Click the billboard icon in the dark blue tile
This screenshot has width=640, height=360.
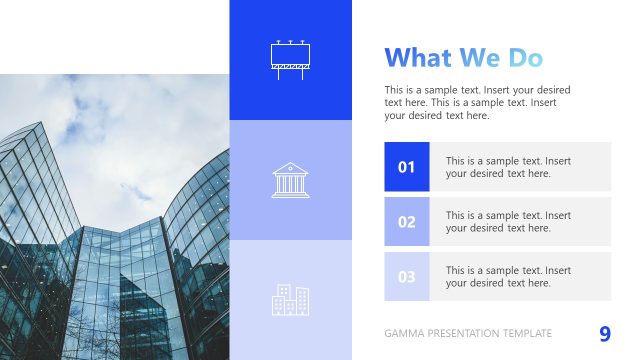coord(290,59)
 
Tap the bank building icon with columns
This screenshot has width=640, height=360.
coord(290,180)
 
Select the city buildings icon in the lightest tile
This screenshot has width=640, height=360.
coord(290,300)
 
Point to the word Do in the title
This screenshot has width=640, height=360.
coord(523,58)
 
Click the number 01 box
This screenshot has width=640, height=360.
coord(406,167)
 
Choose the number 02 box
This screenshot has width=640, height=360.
coord(406,222)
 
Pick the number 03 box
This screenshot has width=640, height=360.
coord(406,277)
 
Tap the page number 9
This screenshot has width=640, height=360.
coord(604,333)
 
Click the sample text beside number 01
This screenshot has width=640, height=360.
coord(508,167)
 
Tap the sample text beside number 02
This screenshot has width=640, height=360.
coord(508,222)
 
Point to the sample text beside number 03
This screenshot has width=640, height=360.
coord(508,277)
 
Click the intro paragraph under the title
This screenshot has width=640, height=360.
coord(477,102)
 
